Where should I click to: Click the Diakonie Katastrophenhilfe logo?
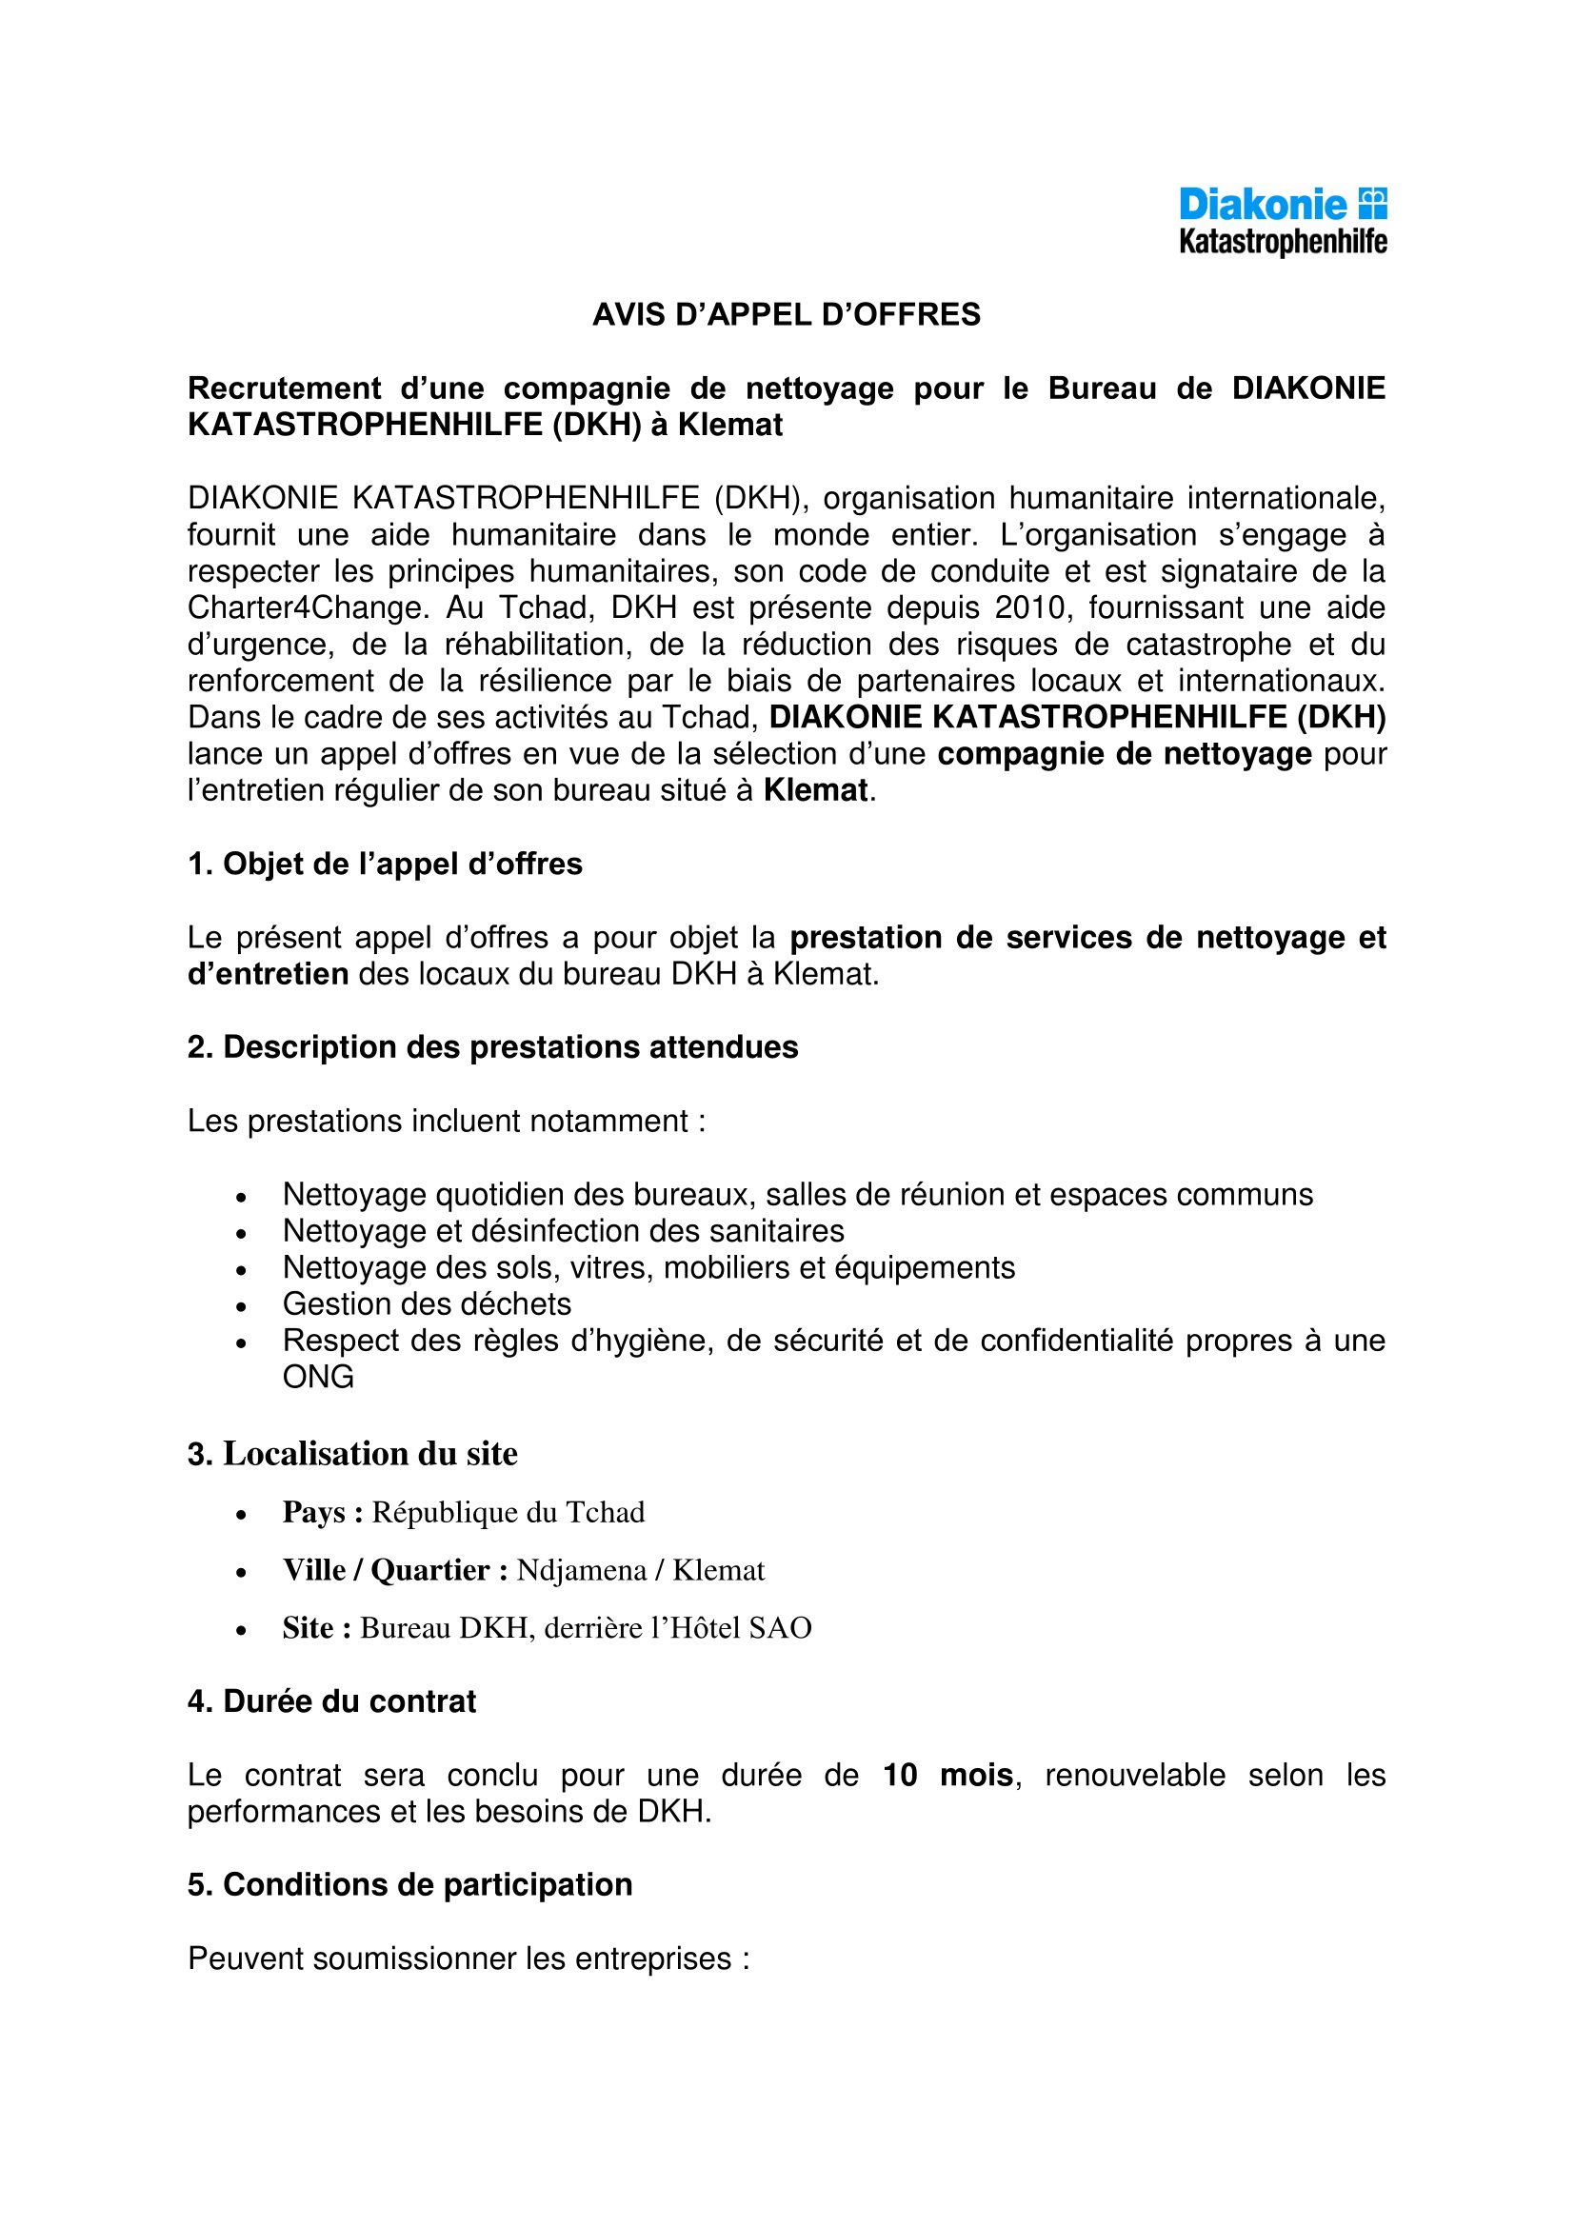(1282, 221)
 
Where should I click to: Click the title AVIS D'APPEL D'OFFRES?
(787, 315)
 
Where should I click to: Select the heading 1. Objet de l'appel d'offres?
(384, 865)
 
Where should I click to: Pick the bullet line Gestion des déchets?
(427, 1303)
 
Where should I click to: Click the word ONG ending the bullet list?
(318, 1377)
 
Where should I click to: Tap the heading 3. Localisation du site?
(352, 1454)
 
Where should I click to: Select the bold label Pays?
(313, 1512)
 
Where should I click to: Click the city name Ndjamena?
(581, 1570)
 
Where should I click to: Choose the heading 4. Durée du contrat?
(331, 1701)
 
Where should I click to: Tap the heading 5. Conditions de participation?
(409, 1884)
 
